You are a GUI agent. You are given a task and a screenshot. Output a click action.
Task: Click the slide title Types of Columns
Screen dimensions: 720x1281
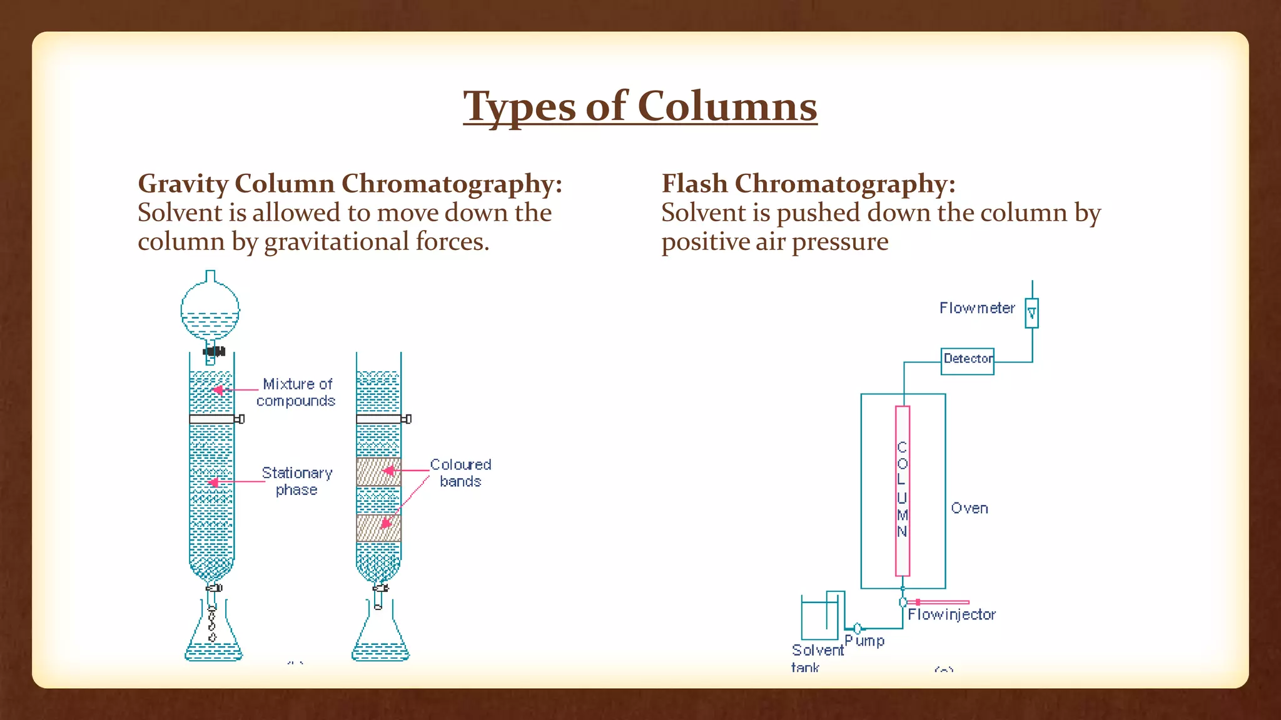pos(640,106)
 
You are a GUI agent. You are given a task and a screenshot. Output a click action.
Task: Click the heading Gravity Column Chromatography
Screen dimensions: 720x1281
pos(350,184)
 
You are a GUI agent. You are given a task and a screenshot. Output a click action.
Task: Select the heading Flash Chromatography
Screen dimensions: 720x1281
pos(808,184)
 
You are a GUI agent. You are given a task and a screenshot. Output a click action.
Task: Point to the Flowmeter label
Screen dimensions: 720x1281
pos(976,308)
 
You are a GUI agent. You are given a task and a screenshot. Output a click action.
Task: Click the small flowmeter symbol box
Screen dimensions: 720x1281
pos(1031,313)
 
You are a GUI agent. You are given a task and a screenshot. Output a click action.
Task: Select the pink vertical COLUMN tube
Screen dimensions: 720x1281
pos(902,491)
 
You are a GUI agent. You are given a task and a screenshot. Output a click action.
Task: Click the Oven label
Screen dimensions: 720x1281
pos(969,508)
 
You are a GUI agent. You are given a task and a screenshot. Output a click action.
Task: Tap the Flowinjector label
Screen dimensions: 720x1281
pos(951,614)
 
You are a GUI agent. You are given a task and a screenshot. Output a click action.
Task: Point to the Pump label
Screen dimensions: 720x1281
pos(864,641)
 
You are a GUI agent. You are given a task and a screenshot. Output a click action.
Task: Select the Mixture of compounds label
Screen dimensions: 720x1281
pos(296,392)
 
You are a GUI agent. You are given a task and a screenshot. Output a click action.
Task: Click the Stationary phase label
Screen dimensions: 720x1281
pos(296,481)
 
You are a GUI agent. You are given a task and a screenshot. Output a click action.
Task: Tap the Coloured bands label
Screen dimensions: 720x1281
pos(460,473)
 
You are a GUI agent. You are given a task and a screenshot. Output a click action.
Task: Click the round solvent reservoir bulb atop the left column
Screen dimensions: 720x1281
pos(210,310)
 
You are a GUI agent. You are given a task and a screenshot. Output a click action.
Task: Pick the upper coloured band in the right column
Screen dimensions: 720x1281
pos(378,472)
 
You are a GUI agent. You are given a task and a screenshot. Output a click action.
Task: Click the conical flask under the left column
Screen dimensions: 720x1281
pos(213,641)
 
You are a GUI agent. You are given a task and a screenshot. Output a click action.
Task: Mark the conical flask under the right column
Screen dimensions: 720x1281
pos(380,641)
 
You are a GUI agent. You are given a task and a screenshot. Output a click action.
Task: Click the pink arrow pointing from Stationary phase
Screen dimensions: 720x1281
pos(235,482)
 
